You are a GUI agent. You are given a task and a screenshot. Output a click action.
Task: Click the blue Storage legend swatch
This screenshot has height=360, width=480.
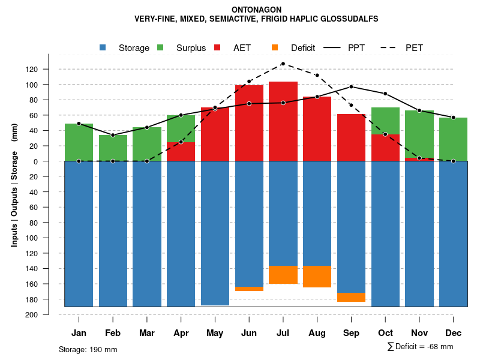[103, 47]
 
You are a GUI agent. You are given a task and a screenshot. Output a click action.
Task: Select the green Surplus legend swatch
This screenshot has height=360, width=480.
[160, 47]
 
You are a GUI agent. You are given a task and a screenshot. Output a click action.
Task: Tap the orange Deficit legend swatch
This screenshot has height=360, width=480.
[275, 47]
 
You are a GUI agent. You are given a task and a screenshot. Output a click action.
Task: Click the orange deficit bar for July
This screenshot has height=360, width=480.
[283, 275]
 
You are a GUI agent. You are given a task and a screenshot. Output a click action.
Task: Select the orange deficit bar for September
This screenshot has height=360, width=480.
[352, 297]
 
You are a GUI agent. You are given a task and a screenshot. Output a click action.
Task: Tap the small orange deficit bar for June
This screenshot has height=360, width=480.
[249, 289]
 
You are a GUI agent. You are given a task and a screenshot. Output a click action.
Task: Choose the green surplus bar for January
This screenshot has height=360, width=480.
[79, 142]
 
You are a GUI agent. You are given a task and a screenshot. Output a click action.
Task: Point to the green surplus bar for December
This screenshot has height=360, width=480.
[453, 139]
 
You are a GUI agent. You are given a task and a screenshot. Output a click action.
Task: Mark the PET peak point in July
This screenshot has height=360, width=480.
[283, 64]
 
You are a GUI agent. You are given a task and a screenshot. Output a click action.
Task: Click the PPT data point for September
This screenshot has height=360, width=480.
[352, 86]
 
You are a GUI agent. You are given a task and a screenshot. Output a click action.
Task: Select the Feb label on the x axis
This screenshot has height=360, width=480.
[113, 333]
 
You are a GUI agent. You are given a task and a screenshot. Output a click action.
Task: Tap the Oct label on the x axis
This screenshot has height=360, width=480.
[385, 333]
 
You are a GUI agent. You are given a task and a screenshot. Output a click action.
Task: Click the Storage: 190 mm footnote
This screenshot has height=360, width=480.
[88, 349]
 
